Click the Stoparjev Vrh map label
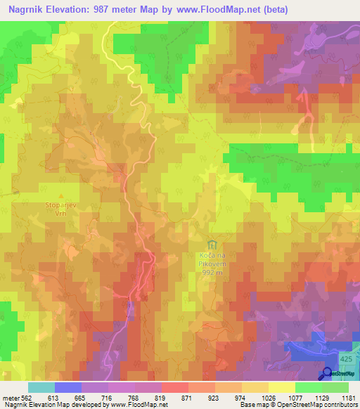coord(60,212)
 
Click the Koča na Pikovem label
coord(210,261)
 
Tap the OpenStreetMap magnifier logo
coord(328,373)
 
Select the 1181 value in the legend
coord(348,397)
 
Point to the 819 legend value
coord(161,397)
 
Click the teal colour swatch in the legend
coord(41,387)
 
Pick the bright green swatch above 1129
coord(308,387)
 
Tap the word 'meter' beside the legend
coord(10,397)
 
